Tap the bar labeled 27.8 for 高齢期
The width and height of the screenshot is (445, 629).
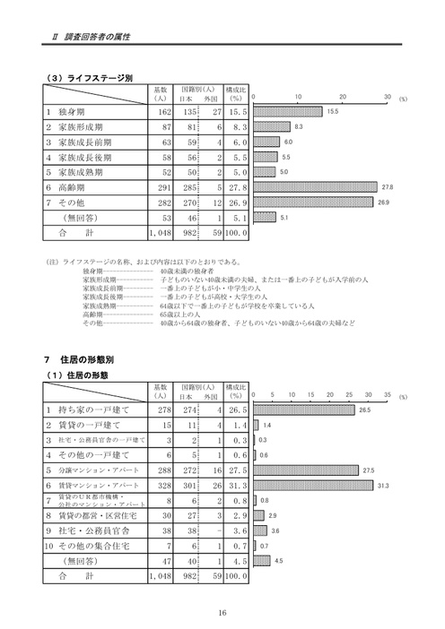coord(315,187)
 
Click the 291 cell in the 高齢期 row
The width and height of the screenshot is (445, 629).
coord(161,187)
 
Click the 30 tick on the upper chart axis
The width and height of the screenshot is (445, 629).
coord(387,96)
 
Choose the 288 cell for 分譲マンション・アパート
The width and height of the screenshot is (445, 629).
coord(161,469)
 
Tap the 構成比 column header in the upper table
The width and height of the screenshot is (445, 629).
coord(236,94)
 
